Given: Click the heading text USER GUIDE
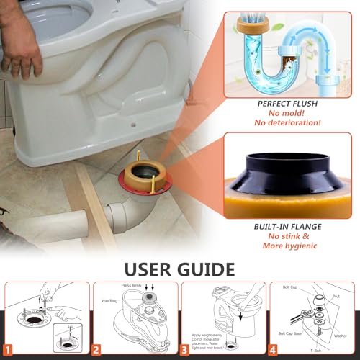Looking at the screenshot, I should click(x=180, y=269).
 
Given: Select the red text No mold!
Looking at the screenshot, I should click(x=290, y=114).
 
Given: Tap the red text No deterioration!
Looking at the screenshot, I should click(x=290, y=125).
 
